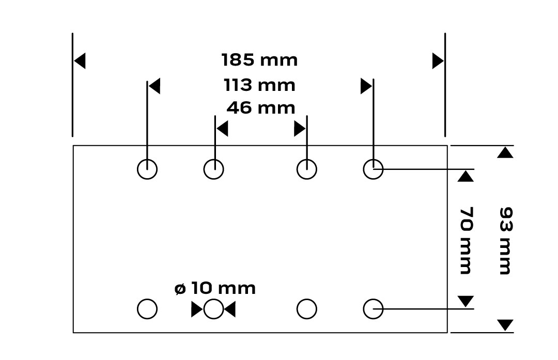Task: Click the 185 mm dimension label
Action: [x=259, y=60]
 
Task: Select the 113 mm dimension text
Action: [x=259, y=85]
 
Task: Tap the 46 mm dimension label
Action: [x=261, y=108]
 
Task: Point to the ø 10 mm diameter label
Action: [x=215, y=288]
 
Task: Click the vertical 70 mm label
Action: [x=466, y=240]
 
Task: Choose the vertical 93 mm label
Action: [x=505, y=240]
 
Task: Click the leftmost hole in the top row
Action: [x=147, y=169]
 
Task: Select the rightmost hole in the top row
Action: [x=373, y=169]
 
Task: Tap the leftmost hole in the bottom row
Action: [x=147, y=309]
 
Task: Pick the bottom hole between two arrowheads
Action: [x=213, y=309]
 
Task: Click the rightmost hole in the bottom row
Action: [x=373, y=309]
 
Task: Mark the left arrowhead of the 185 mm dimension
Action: [x=80, y=61]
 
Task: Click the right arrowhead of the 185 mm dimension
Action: [x=438, y=61]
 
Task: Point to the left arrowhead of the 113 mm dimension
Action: [x=154, y=86]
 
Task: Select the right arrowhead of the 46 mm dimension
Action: [x=300, y=128]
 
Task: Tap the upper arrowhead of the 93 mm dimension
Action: [x=505, y=153]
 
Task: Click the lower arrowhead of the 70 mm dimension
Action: [x=466, y=301]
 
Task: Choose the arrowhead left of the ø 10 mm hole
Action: [x=197, y=309]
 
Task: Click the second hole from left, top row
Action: [x=213, y=169]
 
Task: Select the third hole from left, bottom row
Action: [x=307, y=309]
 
